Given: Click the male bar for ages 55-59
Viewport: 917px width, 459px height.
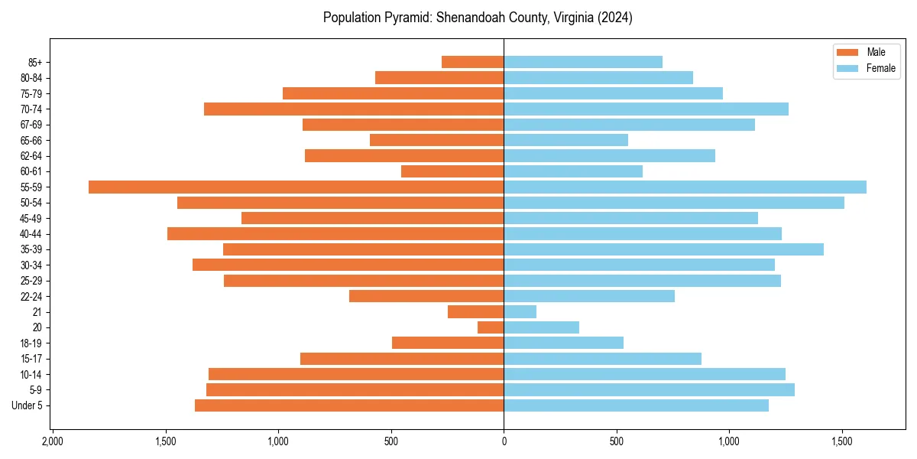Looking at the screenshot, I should pos(296,187).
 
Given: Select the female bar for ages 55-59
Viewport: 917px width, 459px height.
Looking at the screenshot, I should pos(685,187).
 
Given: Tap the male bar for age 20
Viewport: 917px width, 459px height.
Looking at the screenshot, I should pos(491,327).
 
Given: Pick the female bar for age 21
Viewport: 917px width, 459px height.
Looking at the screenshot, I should pos(520,311).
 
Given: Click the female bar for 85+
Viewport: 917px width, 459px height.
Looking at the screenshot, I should pos(583,62).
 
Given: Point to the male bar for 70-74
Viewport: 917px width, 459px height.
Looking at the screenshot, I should pos(354,109).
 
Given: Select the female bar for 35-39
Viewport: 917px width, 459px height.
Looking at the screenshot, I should pos(663,249).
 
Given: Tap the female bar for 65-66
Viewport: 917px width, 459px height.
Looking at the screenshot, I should pos(565,140).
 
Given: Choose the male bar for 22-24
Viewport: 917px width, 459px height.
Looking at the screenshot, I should pos(426,296).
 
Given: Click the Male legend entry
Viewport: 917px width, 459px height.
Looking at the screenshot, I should pos(867,52).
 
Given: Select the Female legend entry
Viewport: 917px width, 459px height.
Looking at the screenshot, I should pos(867,68).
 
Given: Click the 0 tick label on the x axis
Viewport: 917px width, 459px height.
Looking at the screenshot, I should pos(504,441).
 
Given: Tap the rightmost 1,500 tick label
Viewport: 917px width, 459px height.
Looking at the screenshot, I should pos(842,441).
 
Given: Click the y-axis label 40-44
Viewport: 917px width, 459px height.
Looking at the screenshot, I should pos(31,234).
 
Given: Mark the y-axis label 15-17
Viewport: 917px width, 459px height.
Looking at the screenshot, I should pos(31,359).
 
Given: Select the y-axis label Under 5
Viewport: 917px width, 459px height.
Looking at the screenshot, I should pos(28,405).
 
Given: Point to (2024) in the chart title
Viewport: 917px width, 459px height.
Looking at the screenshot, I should pos(616,18).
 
